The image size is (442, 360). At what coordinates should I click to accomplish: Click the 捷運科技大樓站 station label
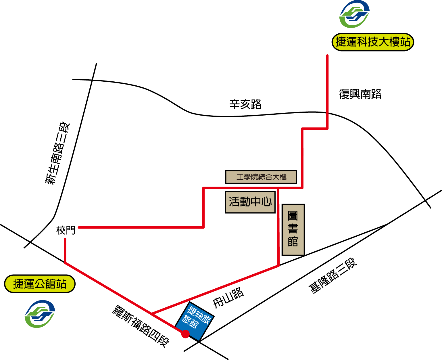coord(373,42)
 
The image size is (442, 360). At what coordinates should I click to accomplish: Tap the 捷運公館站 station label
coord(40,284)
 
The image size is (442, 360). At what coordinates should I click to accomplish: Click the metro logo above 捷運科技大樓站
coord(354,14)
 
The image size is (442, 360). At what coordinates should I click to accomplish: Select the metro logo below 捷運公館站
coord(40,314)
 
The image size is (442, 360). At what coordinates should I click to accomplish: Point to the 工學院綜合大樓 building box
coord(261,177)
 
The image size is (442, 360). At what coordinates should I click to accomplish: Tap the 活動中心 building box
coord(250,202)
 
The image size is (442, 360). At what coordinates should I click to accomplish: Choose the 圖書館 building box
coord(293,230)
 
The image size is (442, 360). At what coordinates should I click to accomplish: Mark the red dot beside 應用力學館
coord(302,152)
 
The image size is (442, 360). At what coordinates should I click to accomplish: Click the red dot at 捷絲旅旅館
coord(185,334)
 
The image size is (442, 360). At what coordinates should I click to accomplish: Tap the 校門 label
coord(66,230)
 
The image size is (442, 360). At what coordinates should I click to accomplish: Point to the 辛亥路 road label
coord(245,104)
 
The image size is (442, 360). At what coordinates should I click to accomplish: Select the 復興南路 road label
coord(360,94)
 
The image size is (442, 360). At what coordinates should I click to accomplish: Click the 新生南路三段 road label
coord(57,153)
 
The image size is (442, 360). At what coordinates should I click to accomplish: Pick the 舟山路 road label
coord(228,298)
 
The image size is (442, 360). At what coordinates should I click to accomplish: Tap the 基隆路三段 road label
coord(333,275)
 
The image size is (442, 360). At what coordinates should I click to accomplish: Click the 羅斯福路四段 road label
coord(141,326)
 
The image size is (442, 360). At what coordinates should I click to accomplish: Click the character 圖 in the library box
coord(293,216)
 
